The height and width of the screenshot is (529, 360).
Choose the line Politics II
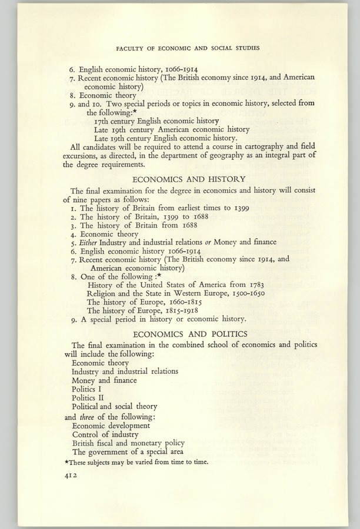click(x=87, y=397)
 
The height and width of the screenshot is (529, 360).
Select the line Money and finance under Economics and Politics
click(x=104, y=380)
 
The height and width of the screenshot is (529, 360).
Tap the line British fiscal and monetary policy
click(x=128, y=443)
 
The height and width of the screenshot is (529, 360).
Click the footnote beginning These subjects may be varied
click(x=136, y=462)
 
